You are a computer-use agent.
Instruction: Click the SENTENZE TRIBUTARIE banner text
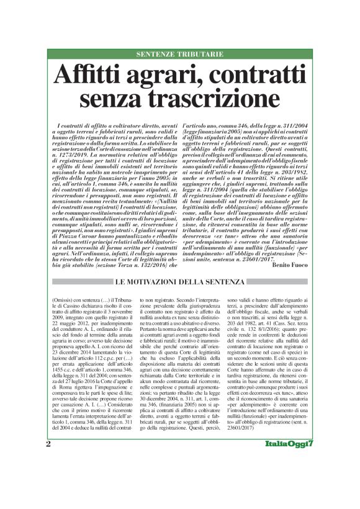(x=179, y=55)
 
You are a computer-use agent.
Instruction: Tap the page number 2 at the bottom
(x=48, y=479)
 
